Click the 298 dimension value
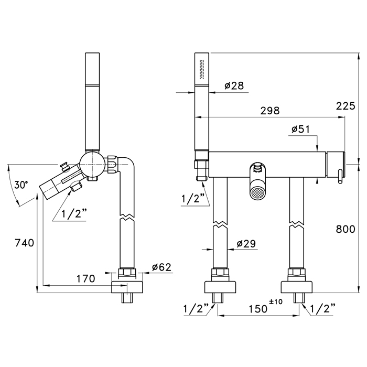coord(270,111)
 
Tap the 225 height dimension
coord(346,106)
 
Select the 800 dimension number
coord(346,229)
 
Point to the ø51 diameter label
coord(300,129)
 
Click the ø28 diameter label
coord(234,85)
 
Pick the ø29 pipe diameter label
coord(246,244)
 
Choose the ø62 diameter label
coord(161,267)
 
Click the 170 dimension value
coord(86,278)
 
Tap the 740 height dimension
coord(24,243)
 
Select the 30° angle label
coord(21,185)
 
